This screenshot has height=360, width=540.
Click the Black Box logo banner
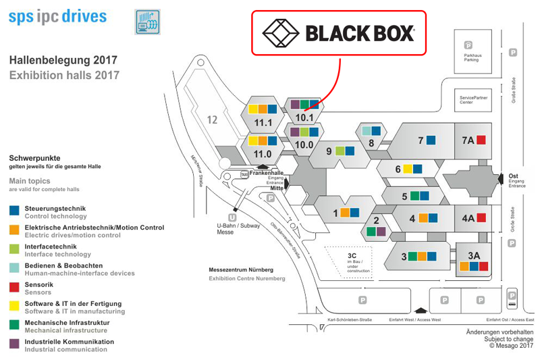(x=339, y=32)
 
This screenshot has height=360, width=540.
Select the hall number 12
(x=212, y=120)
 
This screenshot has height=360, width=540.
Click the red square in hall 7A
(x=481, y=140)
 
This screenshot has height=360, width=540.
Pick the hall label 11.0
(x=263, y=153)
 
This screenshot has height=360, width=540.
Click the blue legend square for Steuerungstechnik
(x=14, y=211)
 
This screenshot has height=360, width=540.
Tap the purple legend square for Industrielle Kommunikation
(x=14, y=344)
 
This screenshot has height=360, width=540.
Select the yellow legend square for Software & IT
(x=14, y=306)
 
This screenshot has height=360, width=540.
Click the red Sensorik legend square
(x=14, y=287)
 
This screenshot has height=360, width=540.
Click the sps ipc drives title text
(x=57, y=16)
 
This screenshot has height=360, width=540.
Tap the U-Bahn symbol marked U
(x=232, y=217)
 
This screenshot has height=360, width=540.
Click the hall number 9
(x=329, y=151)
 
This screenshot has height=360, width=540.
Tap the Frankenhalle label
(x=266, y=173)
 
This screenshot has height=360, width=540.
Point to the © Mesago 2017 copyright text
(x=511, y=346)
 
